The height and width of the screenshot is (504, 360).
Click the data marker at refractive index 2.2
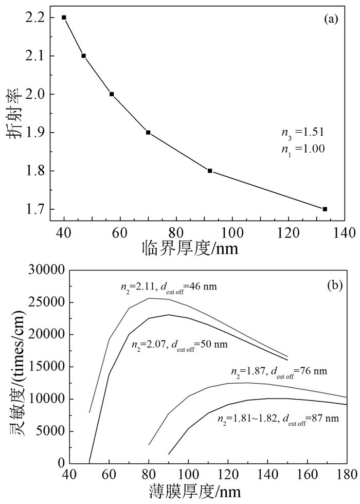click(x=64, y=17)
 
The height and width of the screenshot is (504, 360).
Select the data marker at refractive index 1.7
click(x=325, y=209)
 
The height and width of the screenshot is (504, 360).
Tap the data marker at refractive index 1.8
click(x=210, y=171)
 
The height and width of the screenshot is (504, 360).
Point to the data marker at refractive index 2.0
click(x=112, y=94)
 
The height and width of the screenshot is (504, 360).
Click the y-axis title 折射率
click(x=14, y=117)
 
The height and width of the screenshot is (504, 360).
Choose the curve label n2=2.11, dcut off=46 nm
click(x=166, y=287)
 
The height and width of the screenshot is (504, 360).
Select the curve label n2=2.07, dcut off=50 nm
click(x=180, y=343)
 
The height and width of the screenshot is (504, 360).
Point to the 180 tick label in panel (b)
click(x=347, y=474)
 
